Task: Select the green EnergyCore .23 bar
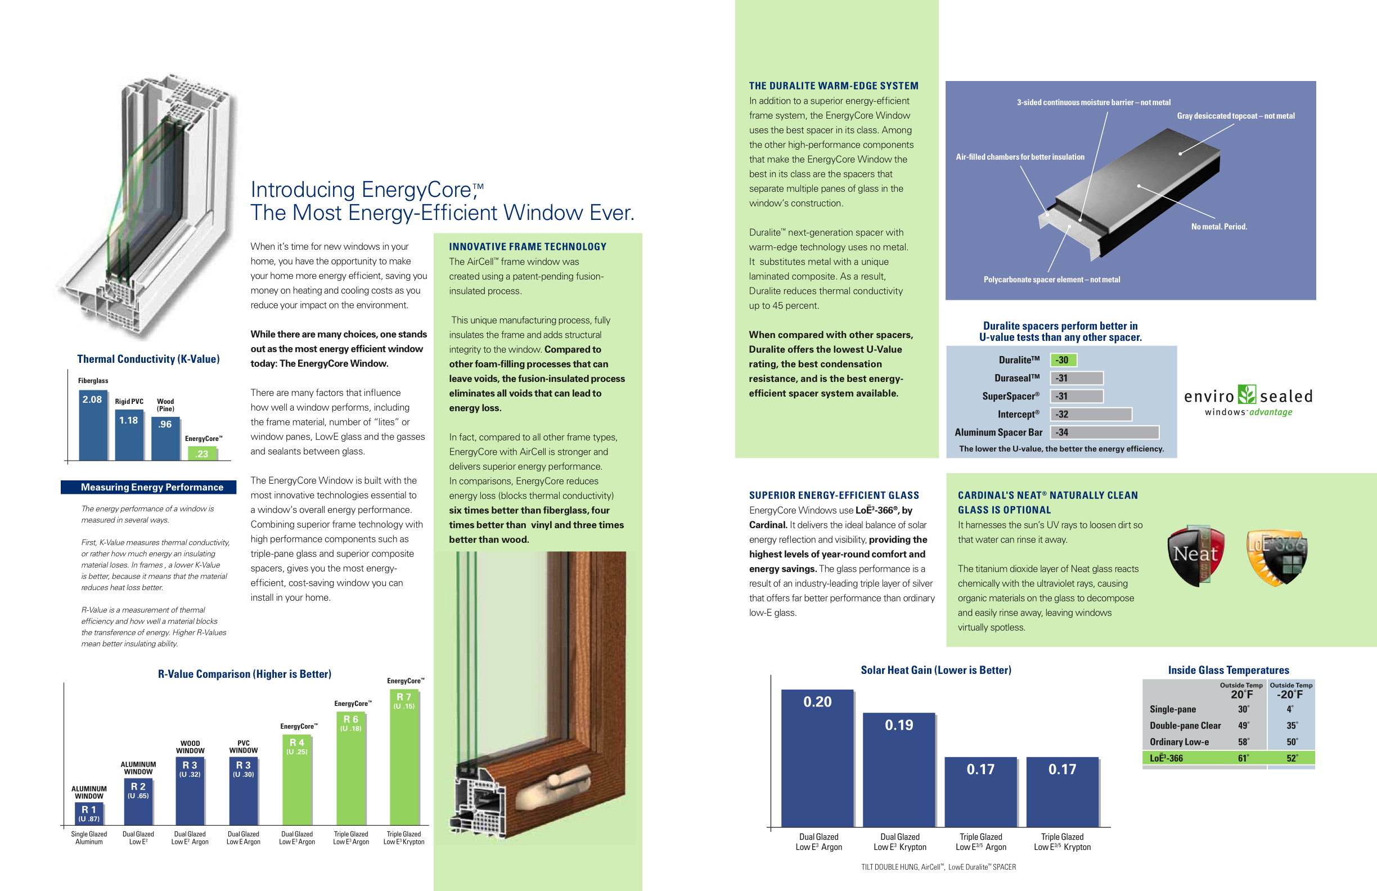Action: [x=201, y=453]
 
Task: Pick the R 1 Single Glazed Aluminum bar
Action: [x=89, y=813]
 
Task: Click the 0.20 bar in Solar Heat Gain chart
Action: [x=817, y=758]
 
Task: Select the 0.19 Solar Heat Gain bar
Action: [x=898, y=769]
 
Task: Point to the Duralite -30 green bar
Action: [x=1063, y=360]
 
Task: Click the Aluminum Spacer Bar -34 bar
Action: [x=1104, y=432]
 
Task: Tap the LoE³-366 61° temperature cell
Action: [x=1243, y=758]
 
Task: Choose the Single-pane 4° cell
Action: [x=1290, y=709]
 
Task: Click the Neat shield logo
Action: [x=1195, y=555]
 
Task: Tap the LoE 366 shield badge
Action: [x=1276, y=556]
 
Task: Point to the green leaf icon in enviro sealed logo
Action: [x=1247, y=394]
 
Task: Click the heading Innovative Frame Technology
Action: [x=528, y=247]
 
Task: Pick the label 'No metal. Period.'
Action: [x=1218, y=227]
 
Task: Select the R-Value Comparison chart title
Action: [x=244, y=674]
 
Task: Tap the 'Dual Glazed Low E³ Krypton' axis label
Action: [x=899, y=842]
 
